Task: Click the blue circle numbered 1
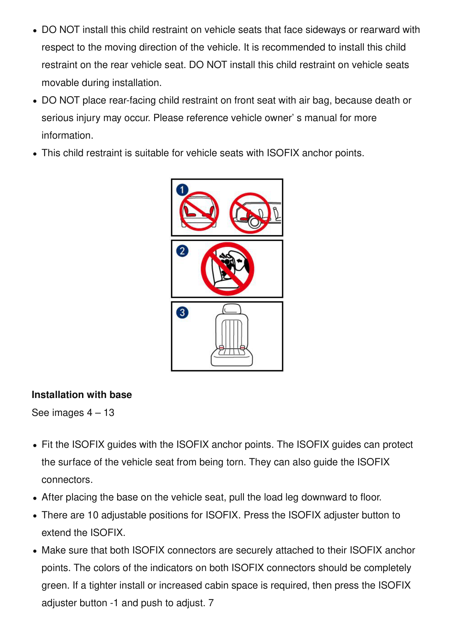(182, 190)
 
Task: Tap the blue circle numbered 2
(182, 251)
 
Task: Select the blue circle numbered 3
(182, 312)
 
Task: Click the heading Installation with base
(82, 395)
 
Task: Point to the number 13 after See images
(109, 413)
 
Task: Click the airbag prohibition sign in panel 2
(227, 269)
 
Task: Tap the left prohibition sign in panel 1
(199, 211)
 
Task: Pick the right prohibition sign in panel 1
(250, 213)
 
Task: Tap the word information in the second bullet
(67, 135)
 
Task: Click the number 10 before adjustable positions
(93, 515)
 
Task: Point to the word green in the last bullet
(55, 585)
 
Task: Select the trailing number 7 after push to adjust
(211, 603)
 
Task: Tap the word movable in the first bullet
(60, 83)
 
